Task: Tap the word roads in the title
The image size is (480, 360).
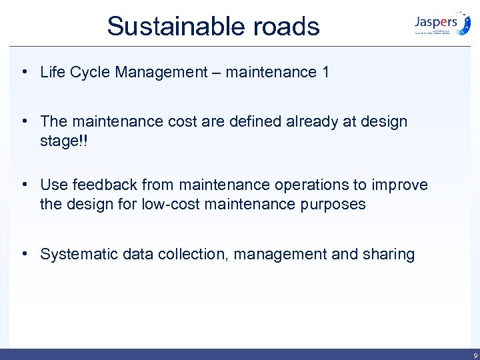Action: click(287, 27)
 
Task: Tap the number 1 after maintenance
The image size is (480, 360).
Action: click(325, 72)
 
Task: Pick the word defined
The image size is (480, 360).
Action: click(254, 121)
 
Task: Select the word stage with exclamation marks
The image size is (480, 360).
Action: click(64, 141)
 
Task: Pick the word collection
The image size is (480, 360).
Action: click(179, 254)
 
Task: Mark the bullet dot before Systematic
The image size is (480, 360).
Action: click(23, 254)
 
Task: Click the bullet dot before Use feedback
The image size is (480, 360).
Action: click(23, 184)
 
